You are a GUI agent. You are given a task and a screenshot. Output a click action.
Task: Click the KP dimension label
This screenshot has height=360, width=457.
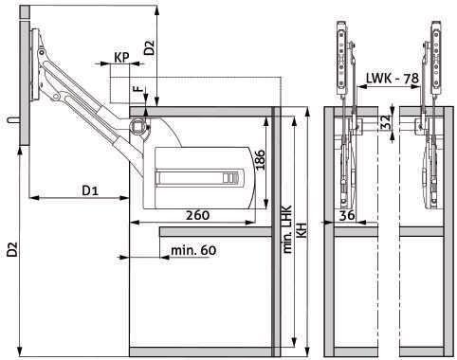[x=121, y=58]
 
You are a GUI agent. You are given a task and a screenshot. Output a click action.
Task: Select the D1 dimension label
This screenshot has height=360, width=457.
[x=90, y=190]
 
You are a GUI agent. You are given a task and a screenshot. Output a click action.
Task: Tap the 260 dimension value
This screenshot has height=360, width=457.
[x=197, y=215]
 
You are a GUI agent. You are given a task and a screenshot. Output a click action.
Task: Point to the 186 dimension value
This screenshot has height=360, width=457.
[x=260, y=159]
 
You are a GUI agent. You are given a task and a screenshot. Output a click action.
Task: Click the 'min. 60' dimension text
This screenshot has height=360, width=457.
[x=193, y=250]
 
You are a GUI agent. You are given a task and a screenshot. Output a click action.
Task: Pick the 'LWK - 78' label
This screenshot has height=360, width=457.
[x=393, y=78]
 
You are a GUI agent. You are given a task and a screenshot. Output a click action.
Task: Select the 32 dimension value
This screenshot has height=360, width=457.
[x=386, y=124]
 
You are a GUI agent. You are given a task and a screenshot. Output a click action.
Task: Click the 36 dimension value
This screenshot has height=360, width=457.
[x=347, y=216]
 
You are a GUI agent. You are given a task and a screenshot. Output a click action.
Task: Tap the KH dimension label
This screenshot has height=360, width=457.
[x=302, y=229]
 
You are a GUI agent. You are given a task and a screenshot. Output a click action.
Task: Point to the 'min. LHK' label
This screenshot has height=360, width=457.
[x=287, y=229]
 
